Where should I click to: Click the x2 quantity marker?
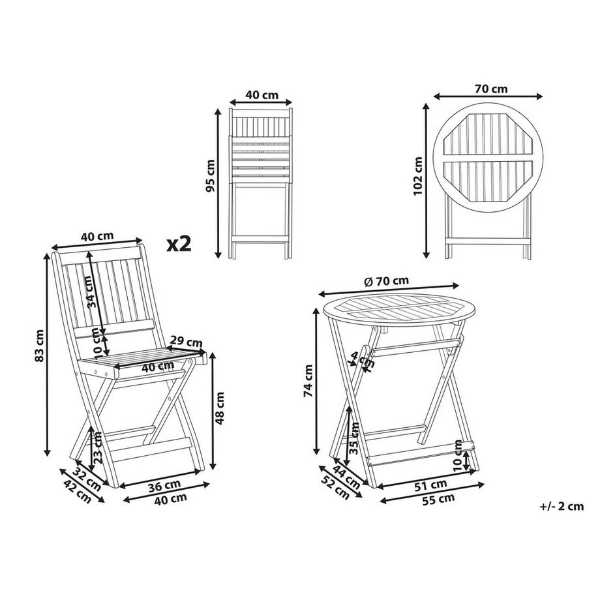179,244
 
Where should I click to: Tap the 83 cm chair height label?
40,346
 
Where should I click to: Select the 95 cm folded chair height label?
210,176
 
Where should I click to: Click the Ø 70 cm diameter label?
387,281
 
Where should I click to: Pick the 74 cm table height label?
308,380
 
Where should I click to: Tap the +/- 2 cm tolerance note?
562,505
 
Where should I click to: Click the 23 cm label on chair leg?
98,447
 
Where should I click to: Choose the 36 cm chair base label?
163,485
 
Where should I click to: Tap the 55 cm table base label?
438,499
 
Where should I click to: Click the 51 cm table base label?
430,485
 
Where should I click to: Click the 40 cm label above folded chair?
261,95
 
